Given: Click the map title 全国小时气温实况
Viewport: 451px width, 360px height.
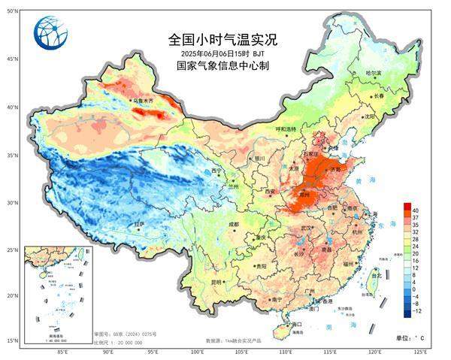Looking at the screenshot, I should (x=222, y=40).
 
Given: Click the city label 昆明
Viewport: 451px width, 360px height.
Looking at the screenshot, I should (x=216, y=283).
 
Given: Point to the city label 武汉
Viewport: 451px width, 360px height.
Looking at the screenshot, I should (x=306, y=228).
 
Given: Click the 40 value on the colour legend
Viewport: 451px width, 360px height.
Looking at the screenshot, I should (x=415, y=208).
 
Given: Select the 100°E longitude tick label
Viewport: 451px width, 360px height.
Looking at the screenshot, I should (x=198, y=351).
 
